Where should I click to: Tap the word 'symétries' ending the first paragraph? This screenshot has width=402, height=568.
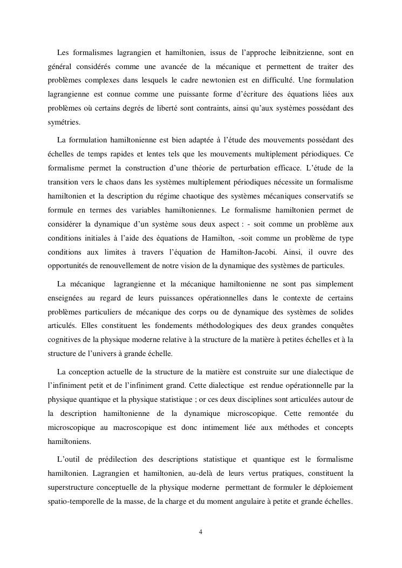pyautogui.click(x=63, y=122)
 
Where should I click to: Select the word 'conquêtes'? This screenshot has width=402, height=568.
pyautogui.click(x=333, y=325)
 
